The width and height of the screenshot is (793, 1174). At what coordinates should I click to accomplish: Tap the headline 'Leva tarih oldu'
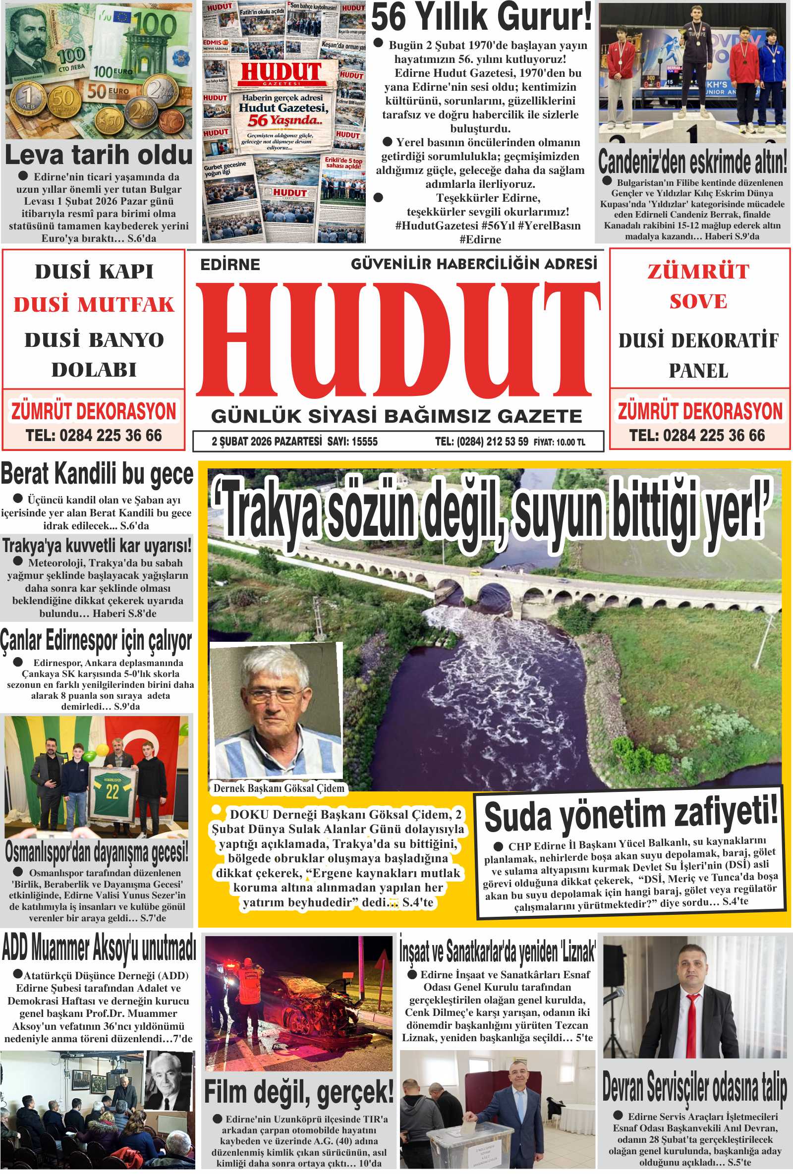[x=99, y=155]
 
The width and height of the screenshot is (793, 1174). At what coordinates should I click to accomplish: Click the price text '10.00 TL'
[x=570, y=443]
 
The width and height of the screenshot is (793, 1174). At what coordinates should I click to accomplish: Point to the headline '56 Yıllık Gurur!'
[x=481, y=18]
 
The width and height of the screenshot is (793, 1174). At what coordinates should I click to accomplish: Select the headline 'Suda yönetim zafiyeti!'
[x=630, y=815]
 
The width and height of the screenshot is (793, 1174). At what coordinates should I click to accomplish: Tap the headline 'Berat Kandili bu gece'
[x=97, y=475]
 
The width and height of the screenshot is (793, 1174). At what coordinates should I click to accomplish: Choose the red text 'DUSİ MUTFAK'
[x=94, y=305]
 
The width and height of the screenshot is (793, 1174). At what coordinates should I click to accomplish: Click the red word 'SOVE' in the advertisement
[x=698, y=302]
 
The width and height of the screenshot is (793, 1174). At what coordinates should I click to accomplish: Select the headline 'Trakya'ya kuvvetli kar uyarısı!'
[x=97, y=546]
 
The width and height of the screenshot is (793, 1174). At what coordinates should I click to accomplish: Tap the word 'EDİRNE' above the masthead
[x=230, y=264]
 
